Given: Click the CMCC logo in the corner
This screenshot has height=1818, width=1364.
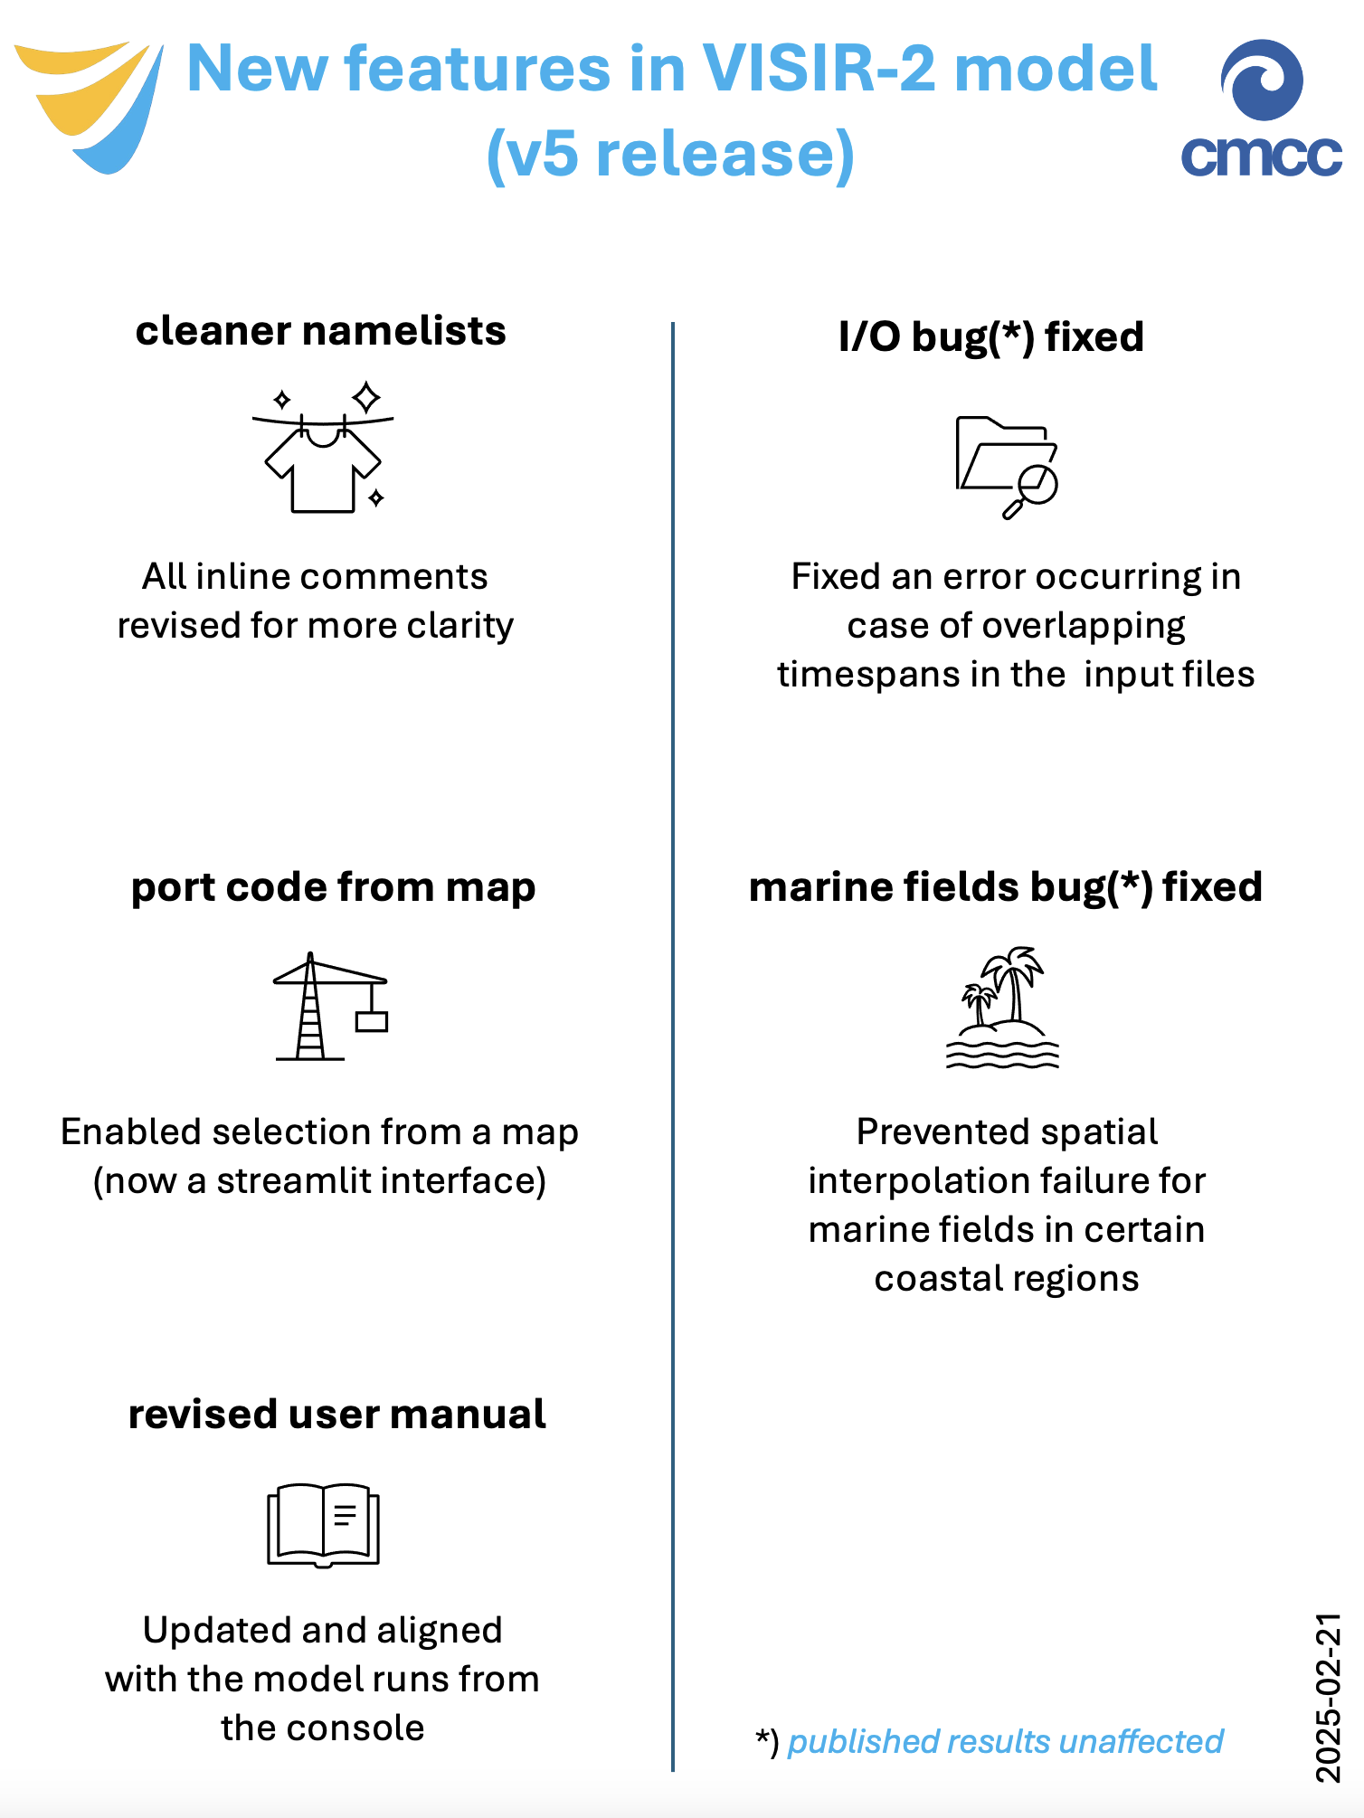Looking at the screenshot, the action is click(x=1261, y=108).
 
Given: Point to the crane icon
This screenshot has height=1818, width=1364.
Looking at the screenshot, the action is click(x=331, y=1006).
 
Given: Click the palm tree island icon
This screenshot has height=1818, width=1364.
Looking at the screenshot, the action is click(x=1003, y=1008).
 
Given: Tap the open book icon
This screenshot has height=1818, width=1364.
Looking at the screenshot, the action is click(x=323, y=1525).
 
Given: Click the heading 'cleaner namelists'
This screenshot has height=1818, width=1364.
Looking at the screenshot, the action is click(x=321, y=331).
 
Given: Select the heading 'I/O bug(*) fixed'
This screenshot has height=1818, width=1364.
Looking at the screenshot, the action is click(x=991, y=337).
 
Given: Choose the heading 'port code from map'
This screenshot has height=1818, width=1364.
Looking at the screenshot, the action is click(x=334, y=888).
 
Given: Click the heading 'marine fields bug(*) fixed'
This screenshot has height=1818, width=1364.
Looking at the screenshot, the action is click(x=1006, y=887).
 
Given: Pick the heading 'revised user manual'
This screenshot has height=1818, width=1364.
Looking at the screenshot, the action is click(x=337, y=1415).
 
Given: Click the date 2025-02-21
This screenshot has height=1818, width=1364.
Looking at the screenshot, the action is click(x=1328, y=1698).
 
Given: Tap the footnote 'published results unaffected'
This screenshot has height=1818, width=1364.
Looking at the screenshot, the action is click(x=1005, y=1741).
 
